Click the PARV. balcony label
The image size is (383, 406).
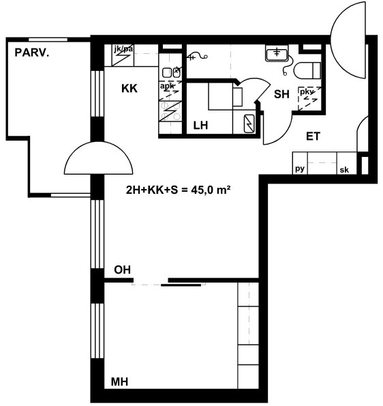32,53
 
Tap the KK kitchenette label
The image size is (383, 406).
129,89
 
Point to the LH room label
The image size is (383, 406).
200,126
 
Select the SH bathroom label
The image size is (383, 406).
281,94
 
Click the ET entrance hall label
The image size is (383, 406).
313,136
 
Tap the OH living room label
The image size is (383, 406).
122,270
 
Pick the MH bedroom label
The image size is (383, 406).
119,381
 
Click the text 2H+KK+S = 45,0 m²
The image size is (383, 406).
178,190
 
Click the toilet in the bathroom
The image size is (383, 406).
307,70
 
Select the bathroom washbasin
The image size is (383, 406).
277,53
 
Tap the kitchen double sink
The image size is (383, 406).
171,72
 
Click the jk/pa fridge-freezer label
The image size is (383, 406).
123,48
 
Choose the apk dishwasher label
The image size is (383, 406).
167,85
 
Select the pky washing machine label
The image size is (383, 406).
307,91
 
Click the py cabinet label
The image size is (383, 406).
300,169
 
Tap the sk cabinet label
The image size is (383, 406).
344,170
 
